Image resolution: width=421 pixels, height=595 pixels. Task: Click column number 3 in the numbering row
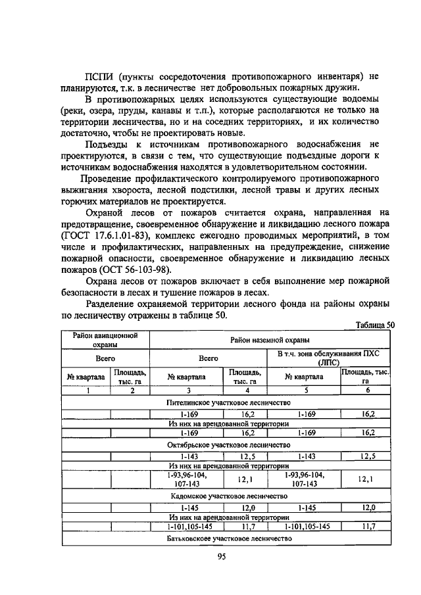point(187,391)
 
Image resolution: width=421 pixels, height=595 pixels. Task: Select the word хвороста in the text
point(129,190)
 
